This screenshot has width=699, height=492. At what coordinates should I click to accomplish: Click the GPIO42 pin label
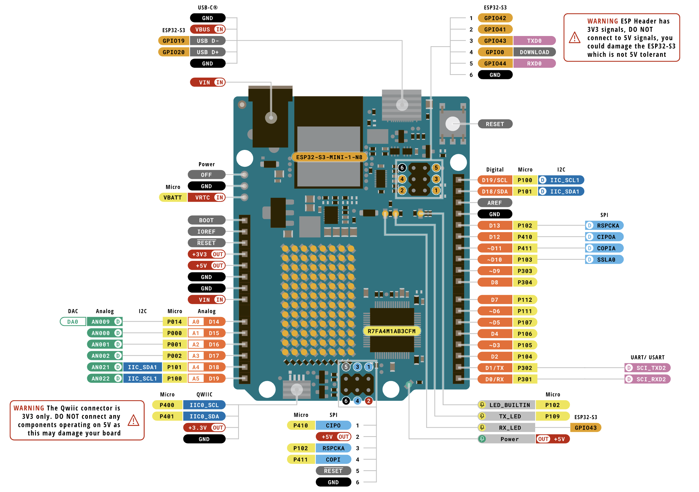495,18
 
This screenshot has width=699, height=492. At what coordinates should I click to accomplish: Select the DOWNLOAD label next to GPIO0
534,52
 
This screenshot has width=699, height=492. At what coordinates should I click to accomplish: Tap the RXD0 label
534,63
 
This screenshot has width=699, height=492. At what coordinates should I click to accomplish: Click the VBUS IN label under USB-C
208,29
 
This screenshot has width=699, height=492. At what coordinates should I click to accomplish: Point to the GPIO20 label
173,52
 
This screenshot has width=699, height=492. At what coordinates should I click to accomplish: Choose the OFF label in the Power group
206,175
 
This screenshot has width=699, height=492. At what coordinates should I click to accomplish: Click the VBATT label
172,197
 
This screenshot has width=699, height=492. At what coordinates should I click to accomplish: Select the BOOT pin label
206,220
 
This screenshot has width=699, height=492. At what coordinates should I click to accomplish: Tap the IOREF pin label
206,231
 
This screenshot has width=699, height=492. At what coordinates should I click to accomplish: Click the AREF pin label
495,203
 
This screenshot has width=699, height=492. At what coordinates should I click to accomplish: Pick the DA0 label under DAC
73,322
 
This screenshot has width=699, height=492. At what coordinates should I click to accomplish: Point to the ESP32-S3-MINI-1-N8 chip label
329,157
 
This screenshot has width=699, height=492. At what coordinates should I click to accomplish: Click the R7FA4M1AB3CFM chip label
391,331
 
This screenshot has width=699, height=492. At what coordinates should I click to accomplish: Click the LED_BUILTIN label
509,405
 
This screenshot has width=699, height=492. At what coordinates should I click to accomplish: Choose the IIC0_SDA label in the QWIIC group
204,416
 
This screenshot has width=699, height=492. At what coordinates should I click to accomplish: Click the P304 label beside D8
525,282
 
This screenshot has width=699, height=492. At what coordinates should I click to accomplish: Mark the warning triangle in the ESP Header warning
574,38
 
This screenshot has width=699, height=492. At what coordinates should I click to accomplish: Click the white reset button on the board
453,124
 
